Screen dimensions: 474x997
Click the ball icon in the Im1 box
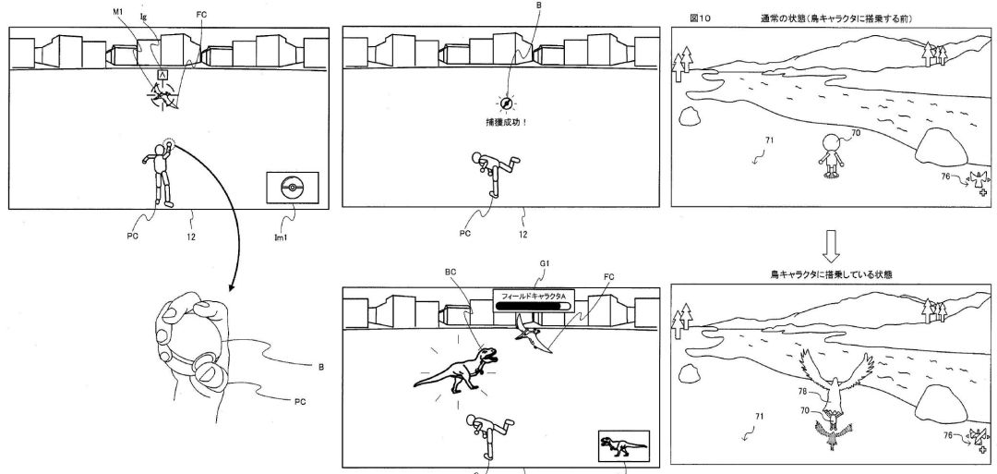pos(291,188)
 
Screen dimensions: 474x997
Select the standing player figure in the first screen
pos(159,176)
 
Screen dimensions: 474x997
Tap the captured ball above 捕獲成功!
pos(503,103)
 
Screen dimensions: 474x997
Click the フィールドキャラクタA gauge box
pos(532,303)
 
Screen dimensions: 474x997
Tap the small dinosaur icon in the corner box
pos(623,446)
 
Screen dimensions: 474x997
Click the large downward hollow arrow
pos(831,245)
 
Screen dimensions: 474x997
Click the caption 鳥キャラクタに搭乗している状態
pos(831,273)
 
